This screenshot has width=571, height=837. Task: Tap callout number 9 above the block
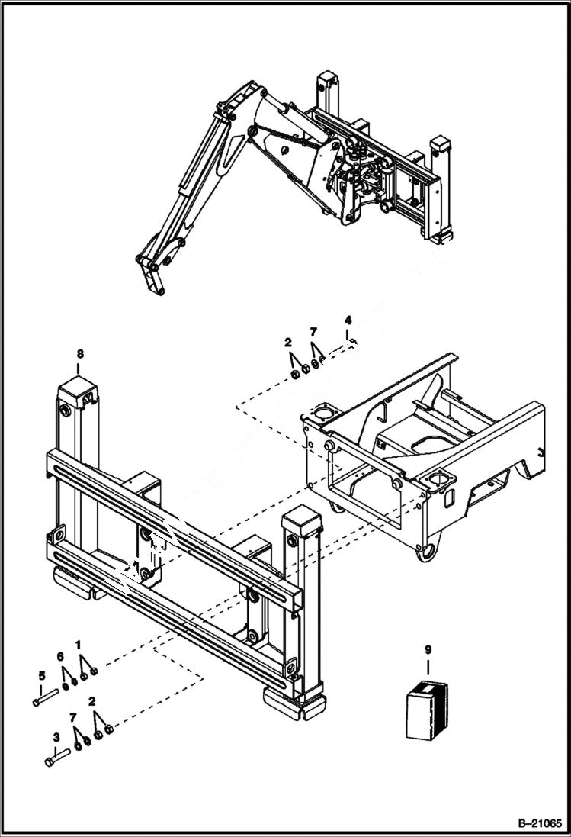coord(428,649)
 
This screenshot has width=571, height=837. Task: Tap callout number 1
coord(79,645)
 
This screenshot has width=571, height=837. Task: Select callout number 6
coord(60,658)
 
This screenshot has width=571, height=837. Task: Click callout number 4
coord(348,318)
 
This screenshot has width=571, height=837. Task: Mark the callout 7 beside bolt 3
coord(73,718)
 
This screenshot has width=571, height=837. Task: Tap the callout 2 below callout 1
coord(92,700)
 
